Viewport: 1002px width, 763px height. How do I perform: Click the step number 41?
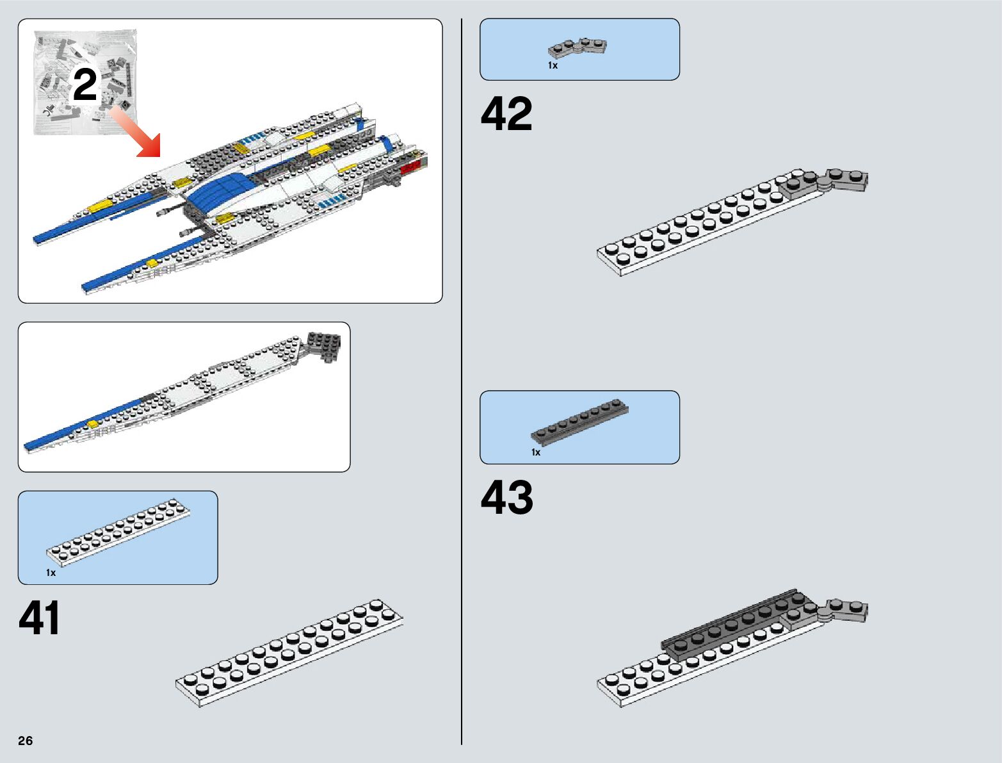(40, 618)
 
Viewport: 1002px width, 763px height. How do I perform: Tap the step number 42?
(506, 114)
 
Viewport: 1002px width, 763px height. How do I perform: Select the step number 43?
(506, 497)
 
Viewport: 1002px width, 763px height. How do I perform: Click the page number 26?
(26, 741)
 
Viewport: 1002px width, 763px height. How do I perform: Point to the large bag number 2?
(85, 85)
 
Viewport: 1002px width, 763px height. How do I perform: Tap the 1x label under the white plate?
(51, 573)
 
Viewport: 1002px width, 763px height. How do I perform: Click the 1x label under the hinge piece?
(553, 65)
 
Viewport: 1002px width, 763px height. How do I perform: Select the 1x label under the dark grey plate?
(536, 452)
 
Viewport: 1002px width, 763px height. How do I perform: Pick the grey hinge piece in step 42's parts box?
(578, 47)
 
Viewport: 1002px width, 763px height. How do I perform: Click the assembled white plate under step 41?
(289, 653)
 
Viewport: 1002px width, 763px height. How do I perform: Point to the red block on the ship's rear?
(410, 167)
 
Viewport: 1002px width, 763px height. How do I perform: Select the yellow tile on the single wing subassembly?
(93, 423)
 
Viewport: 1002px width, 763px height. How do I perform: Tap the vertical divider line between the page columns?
(462, 384)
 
